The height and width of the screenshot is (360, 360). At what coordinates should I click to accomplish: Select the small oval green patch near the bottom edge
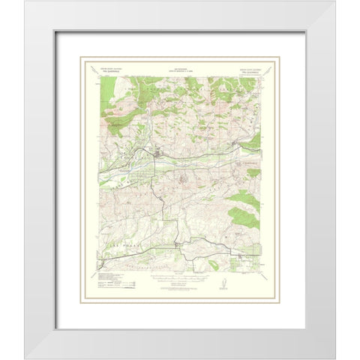(214, 264)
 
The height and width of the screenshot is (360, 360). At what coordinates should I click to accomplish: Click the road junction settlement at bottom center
(176, 245)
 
